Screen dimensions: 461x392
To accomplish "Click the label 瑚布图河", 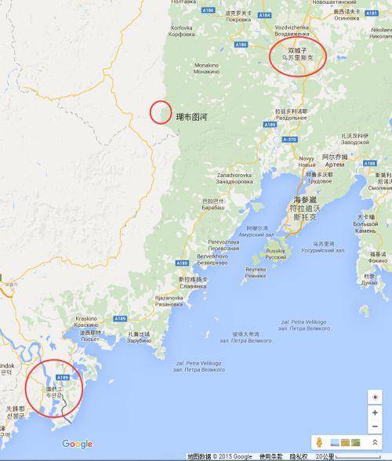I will [x=191, y=117].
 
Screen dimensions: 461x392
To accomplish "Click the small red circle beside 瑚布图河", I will [x=161, y=111].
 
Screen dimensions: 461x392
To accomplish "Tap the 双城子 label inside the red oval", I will [x=299, y=49].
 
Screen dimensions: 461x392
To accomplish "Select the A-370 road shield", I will [x=288, y=137].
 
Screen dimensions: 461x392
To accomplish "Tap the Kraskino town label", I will [x=86, y=318].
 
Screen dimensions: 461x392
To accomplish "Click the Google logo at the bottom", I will [x=77, y=444].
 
